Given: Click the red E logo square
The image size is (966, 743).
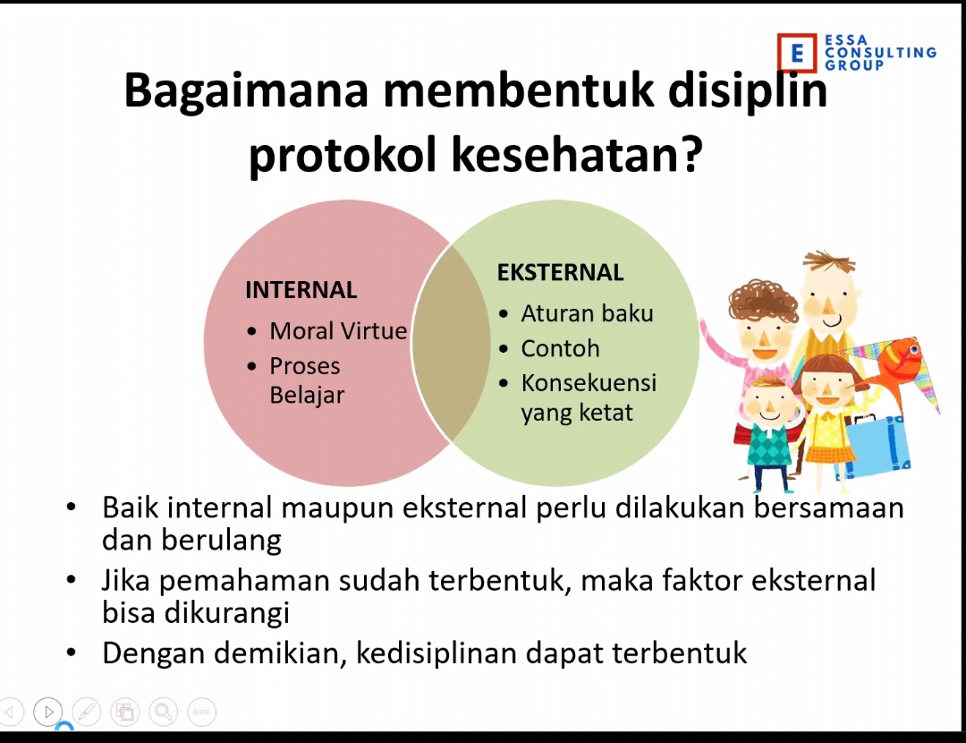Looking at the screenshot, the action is coord(797,53).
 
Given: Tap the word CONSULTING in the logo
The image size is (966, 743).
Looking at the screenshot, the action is coord(880,53).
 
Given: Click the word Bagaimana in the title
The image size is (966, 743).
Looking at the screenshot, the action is coord(246,91).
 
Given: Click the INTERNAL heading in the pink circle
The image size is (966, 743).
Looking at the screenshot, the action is coord(301,290).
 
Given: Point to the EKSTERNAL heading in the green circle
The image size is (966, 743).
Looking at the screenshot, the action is coord(560,272).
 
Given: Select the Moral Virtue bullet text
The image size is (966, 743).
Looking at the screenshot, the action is coord(338,331).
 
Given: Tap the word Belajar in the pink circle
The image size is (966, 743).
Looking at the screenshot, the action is coord(307,396).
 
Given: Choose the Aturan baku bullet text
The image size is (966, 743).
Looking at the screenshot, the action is coord(587,313).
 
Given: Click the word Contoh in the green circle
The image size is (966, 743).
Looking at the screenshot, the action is coord(560,348).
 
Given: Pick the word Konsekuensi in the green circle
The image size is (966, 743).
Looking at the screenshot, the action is coord(589,383).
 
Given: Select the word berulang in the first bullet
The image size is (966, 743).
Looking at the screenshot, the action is coord(221,540).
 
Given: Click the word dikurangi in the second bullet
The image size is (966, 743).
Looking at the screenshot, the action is coord(226,613).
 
